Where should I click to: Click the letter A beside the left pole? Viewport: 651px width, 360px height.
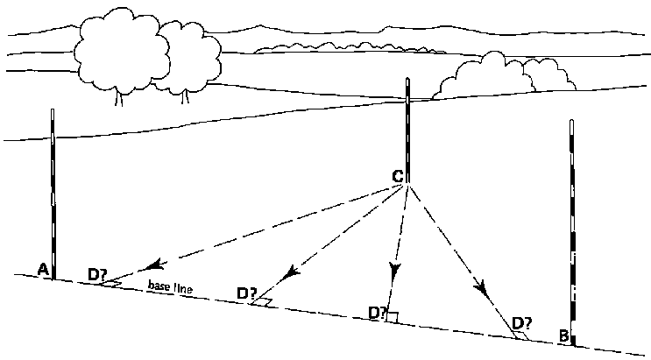pos(41,270)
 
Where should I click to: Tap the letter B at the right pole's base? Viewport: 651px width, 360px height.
pos(564,335)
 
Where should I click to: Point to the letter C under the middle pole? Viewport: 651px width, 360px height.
pos(397,177)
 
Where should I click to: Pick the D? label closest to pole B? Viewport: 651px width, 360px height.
pos(522,322)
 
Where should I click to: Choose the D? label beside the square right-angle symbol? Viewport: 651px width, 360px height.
pos(378,312)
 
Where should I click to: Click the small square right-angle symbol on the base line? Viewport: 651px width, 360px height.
pos(393,317)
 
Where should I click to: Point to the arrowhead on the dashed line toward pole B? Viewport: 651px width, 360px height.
pos(479,286)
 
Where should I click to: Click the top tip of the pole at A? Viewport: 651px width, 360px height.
pos(53,109)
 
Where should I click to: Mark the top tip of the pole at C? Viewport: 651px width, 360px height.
pos(408,80)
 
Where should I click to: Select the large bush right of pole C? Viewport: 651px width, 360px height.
pos(499,74)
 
